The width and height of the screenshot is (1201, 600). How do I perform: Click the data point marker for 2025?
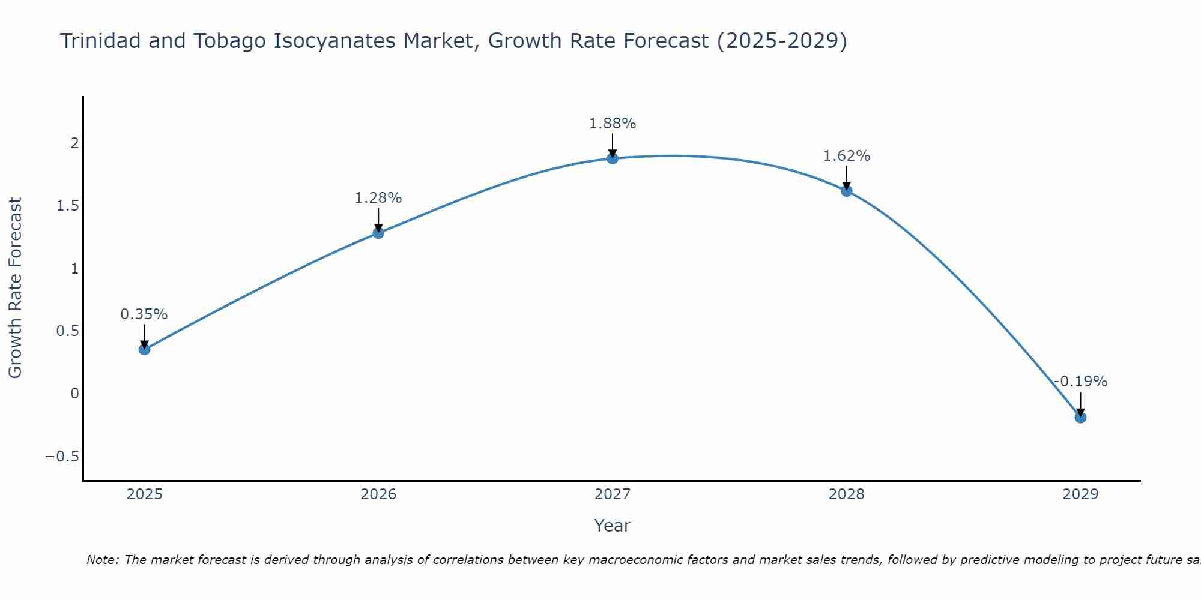(x=144, y=349)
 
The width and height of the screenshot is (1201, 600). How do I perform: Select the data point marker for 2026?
(x=378, y=233)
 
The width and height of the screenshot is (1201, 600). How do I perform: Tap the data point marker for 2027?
(x=613, y=158)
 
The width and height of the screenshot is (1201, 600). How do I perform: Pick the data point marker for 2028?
(x=847, y=191)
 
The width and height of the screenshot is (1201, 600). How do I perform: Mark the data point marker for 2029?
(x=1080, y=417)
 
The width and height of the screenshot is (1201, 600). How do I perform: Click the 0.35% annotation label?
(x=144, y=314)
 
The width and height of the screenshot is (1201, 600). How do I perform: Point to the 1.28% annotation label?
(x=378, y=198)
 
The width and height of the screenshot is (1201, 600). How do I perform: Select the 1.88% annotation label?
(x=613, y=124)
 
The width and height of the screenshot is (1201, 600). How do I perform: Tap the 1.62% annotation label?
(x=847, y=156)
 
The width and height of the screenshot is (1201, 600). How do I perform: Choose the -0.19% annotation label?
(x=1080, y=382)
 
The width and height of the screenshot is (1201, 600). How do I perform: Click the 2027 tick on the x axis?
(x=613, y=494)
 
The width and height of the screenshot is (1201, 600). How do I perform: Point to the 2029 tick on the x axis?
(x=1080, y=494)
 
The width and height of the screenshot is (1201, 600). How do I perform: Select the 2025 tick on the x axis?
(x=144, y=494)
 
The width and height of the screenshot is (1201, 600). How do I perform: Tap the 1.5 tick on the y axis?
(x=68, y=206)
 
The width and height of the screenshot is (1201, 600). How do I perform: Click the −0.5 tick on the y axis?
(x=62, y=457)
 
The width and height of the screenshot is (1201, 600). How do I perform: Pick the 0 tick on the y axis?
(x=74, y=394)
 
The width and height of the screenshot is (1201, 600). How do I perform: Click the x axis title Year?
(x=613, y=526)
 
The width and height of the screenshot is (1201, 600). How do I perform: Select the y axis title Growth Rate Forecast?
(x=16, y=288)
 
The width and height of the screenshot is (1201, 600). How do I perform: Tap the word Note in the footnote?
(x=102, y=560)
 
